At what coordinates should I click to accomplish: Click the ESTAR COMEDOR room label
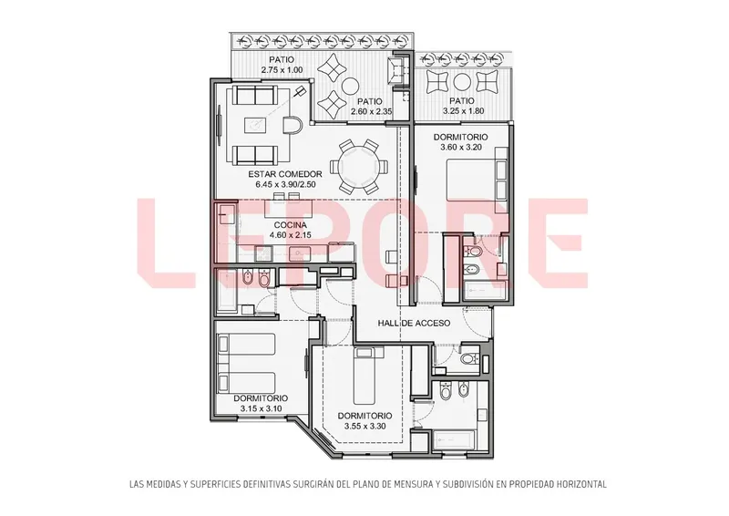coord(285,174)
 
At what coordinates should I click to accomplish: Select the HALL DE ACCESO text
coord(414,323)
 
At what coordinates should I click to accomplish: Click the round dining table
coord(358,167)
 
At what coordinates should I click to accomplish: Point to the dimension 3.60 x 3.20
coord(461,148)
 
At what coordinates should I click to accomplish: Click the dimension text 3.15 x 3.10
coord(261,409)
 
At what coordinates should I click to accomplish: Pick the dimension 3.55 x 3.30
coord(365,426)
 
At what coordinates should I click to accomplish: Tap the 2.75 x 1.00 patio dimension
coord(282,70)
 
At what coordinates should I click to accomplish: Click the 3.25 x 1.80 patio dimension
coord(464,111)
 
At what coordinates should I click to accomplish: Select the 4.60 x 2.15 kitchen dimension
coord(290,235)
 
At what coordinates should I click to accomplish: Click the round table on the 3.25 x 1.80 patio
coord(462,82)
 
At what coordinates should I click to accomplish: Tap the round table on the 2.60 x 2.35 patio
coord(349,85)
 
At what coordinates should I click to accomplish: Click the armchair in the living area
coord(294,125)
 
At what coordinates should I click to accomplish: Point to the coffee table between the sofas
coord(255,125)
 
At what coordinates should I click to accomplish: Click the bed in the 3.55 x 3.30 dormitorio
coord(369,376)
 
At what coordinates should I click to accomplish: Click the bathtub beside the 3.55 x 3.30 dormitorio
coord(454,439)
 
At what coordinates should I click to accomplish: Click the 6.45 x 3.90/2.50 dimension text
coord(285,184)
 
